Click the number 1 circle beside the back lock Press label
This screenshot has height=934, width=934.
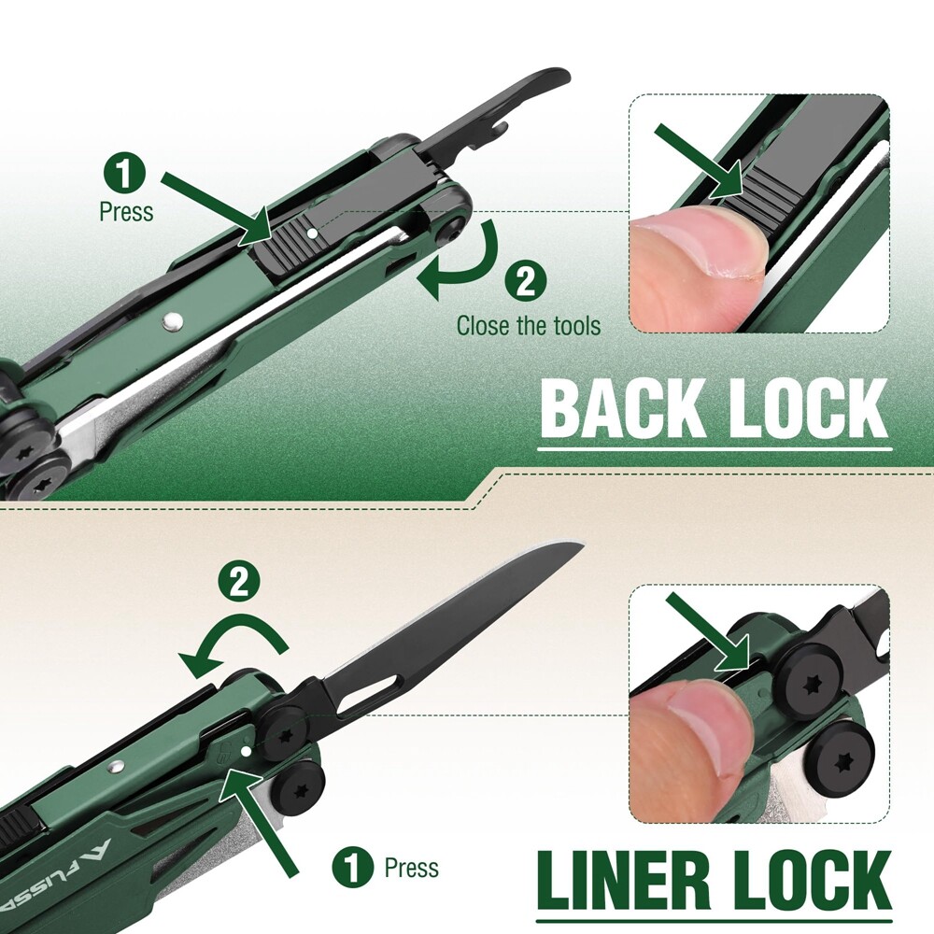pos(124,173)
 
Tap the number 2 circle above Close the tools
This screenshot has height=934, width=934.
pos(525,282)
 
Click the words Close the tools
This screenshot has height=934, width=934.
pos(529,326)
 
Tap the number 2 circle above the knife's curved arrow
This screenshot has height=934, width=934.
pos(239,581)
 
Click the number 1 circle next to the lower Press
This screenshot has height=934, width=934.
pos(353,867)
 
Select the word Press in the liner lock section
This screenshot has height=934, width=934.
pos(412,868)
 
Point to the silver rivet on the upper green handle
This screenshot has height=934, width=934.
pos(172,321)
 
